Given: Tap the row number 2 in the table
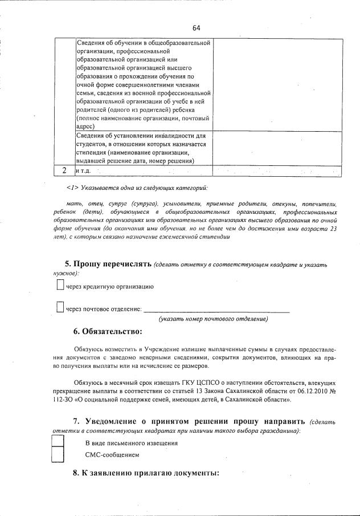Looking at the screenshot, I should click(x=64, y=170).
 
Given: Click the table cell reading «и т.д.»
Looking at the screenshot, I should click(x=83, y=171).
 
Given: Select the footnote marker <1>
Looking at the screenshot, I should click(x=72, y=188).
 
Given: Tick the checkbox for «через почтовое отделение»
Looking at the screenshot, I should click(x=60, y=308).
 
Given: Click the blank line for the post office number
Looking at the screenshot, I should click(x=216, y=310).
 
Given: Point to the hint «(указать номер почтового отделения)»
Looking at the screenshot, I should click(x=213, y=319).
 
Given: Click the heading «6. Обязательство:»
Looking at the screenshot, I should click(x=108, y=332).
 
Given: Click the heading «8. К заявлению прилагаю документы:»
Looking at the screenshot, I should click(x=146, y=473).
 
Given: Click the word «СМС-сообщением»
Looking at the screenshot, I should click(x=112, y=455).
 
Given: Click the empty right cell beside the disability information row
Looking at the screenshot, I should click(x=277, y=148).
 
